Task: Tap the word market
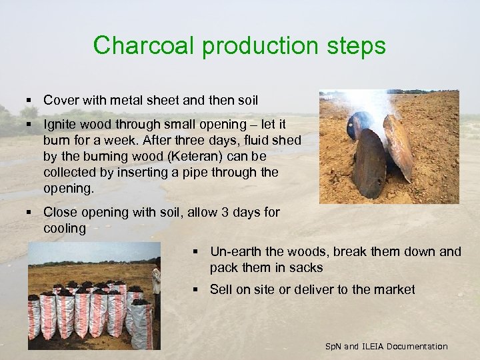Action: [394, 289]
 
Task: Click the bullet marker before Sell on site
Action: [197, 289]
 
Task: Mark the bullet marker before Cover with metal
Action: [31, 100]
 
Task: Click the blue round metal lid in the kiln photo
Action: [359, 127]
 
